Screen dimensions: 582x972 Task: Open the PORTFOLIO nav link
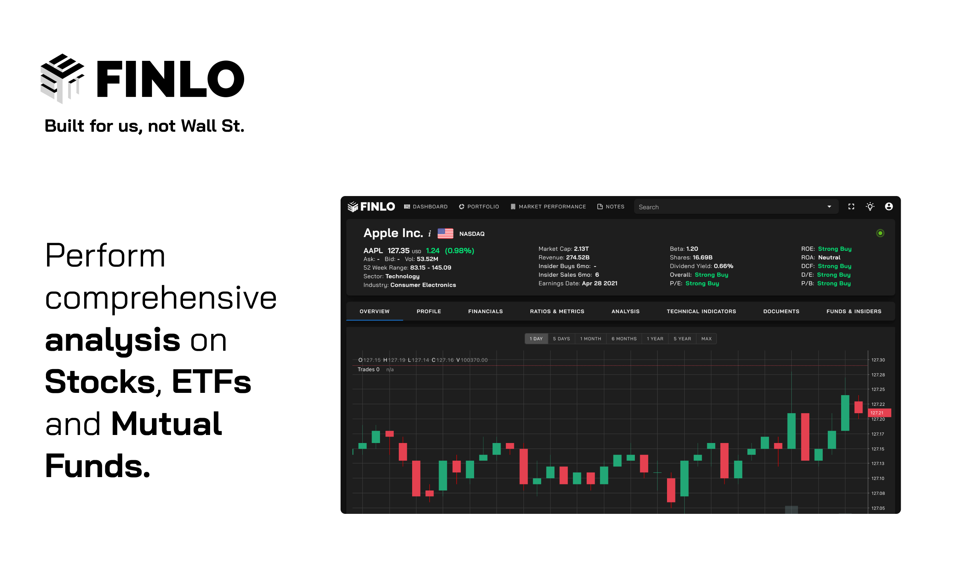click(x=479, y=207)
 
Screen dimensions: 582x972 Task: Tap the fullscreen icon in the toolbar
click(x=851, y=207)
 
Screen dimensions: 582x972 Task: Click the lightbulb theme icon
click(x=870, y=207)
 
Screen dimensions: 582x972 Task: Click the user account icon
click(x=889, y=207)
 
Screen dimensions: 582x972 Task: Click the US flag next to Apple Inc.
click(x=445, y=233)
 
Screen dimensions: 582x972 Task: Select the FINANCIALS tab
click(x=485, y=311)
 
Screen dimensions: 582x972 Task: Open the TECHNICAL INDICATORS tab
click(x=701, y=311)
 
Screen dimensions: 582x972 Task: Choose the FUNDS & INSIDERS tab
click(x=854, y=311)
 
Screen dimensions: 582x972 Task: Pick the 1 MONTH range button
click(x=590, y=339)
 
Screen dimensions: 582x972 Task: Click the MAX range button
click(x=706, y=339)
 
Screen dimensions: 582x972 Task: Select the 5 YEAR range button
click(x=682, y=339)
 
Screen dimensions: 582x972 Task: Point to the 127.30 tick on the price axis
click(x=878, y=360)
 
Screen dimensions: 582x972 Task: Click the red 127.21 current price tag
click(x=879, y=413)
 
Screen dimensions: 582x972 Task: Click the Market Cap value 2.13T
click(x=581, y=249)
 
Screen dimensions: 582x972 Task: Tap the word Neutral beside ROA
click(x=829, y=258)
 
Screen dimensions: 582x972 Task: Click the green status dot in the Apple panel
click(x=880, y=233)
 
